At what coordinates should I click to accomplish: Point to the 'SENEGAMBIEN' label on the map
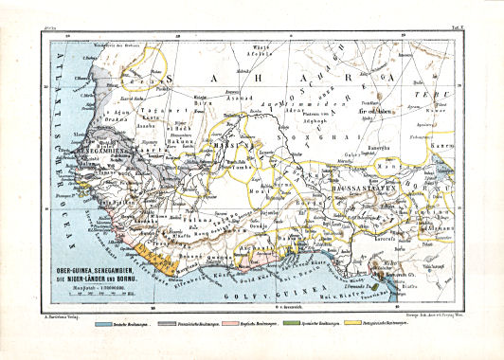click(x=89, y=150)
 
